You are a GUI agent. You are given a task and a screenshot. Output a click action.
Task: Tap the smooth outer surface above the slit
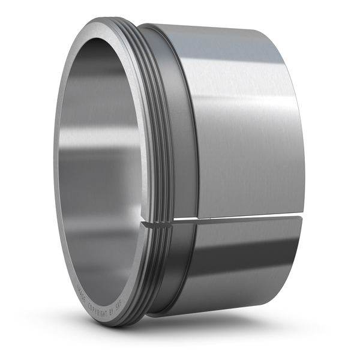click(240, 120)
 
